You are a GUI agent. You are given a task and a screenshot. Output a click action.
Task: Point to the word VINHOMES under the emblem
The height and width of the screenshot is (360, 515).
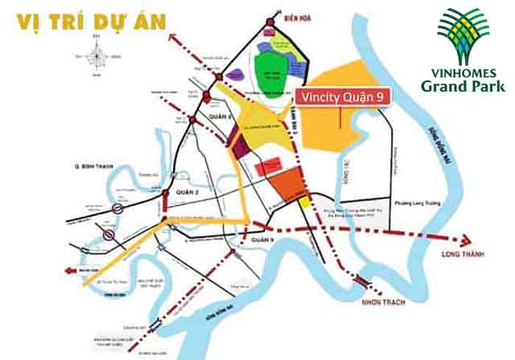coord(463,72)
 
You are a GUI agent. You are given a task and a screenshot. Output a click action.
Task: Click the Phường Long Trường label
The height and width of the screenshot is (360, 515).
coord(414,203)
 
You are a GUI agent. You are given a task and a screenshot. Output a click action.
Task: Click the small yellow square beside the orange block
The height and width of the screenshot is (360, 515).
coord(304,204)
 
